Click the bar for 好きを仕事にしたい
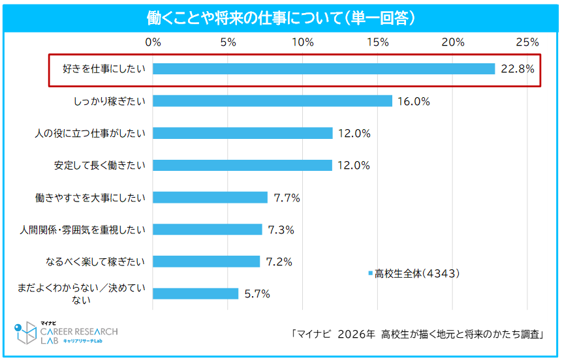point(324,68)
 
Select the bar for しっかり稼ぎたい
point(272,101)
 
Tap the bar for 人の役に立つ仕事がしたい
point(243,133)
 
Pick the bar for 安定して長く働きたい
point(242,165)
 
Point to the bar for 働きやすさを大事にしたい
point(210,198)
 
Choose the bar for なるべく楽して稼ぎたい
point(206,262)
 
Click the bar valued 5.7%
point(195,293)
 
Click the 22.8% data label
point(517,68)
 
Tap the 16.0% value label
point(414,101)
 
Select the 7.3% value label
point(281,230)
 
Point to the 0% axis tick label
point(153,42)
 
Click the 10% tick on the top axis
point(303,42)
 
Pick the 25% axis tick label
point(527,42)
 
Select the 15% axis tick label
point(378,42)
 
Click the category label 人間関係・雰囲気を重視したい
point(82,230)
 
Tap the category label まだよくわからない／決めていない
point(82,294)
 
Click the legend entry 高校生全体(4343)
point(414,274)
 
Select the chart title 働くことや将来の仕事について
point(243,19)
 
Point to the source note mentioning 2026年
point(418,335)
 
